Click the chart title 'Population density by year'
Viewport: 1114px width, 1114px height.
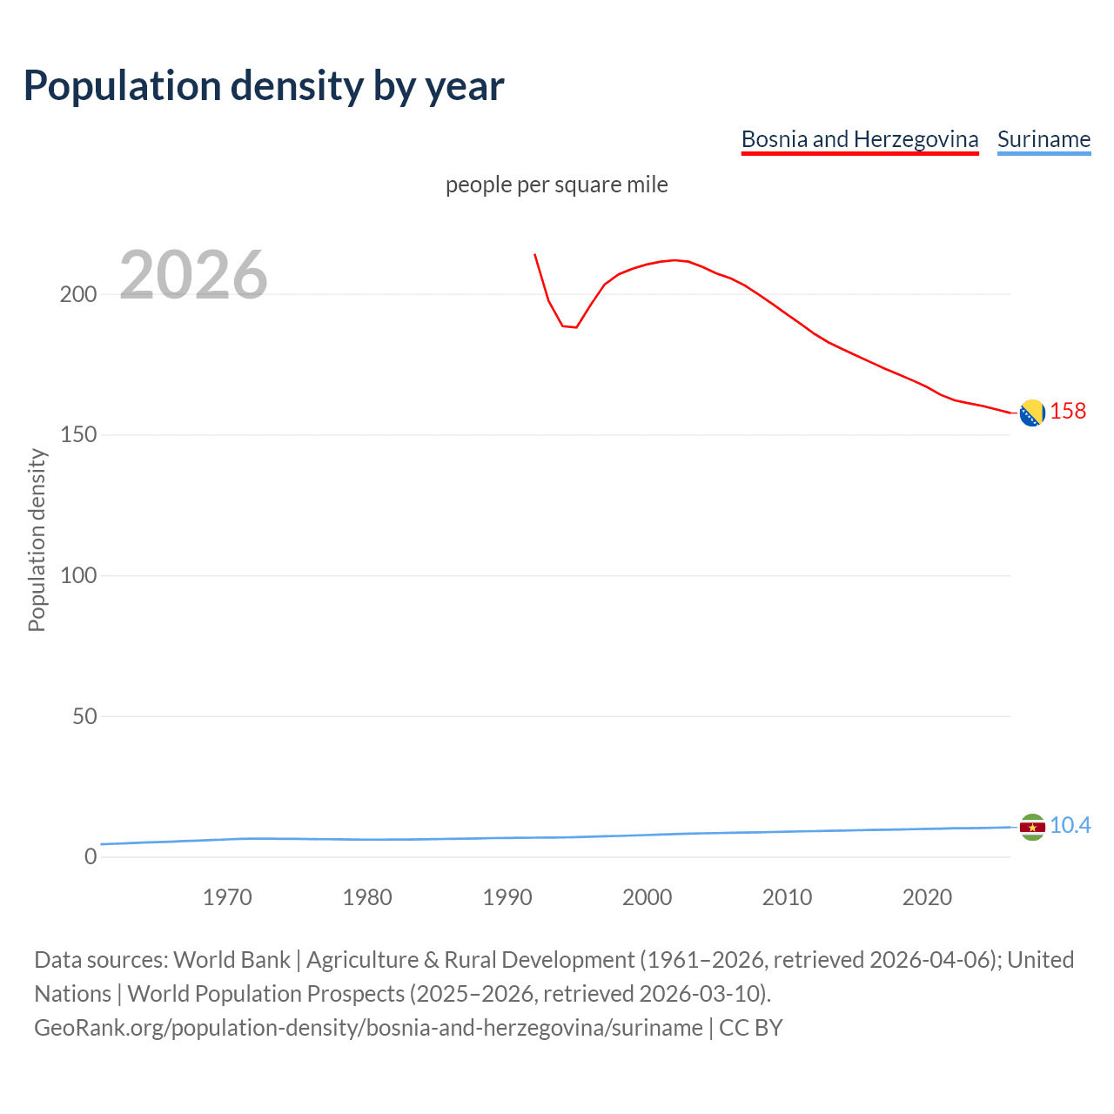click(264, 85)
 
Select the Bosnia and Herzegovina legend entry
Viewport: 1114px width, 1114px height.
click(859, 139)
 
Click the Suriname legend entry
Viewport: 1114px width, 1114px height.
click(1044, 139)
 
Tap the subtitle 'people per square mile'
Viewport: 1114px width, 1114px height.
click(556, 185)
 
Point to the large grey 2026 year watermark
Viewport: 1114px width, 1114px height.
click(193, 275)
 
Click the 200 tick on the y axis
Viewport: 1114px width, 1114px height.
click(77, 294)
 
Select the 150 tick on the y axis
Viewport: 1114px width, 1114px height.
click(77, 434)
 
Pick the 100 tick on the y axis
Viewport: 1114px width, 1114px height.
click(77, 575)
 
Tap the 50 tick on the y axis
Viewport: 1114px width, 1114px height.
click(84, 716)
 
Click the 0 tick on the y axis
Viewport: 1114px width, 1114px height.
click(91, 856)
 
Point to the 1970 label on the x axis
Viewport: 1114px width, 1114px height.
click(227, 897)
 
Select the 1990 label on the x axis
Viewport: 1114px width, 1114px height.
click(507, 897)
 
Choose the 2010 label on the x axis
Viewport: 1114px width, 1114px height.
click(787, 897)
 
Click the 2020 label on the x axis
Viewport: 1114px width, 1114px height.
click(927, 897)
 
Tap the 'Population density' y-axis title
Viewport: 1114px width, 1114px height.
click(37, 540)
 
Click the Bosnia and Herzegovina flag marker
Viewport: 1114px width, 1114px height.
click(1032, 413)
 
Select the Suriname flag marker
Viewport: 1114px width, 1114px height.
click(1032, 827)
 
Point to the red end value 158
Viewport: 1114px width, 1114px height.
click(1068, 411)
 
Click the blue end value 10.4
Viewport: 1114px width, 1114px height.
click(1070, 825)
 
